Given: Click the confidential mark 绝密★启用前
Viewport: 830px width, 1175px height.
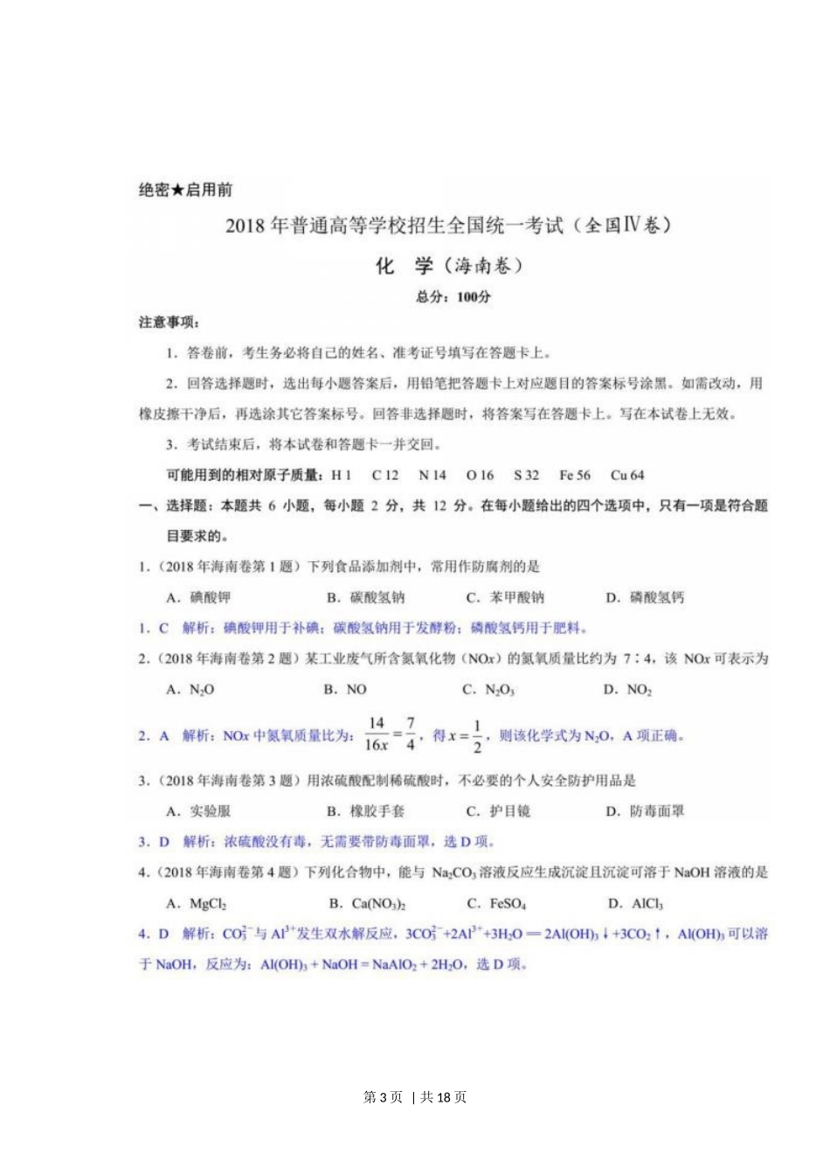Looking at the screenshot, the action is [185, 190].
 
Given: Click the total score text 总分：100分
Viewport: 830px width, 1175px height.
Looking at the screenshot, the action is [453, 297].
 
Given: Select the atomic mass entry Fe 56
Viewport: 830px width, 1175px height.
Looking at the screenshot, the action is [574, 476].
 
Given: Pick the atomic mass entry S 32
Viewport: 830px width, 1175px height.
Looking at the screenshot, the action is [526, 476].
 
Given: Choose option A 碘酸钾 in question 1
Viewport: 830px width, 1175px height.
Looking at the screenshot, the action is [198, 598].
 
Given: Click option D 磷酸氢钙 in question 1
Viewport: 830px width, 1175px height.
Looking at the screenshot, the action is [645, 598].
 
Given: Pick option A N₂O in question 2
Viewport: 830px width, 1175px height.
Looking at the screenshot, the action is [190, 690].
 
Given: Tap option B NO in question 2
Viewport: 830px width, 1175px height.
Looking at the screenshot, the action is [345, 690].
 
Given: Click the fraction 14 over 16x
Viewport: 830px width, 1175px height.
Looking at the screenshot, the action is [376, 734].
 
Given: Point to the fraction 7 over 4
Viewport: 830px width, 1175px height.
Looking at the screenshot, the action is [410, 734].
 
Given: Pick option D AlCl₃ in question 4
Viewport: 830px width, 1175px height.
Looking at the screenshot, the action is [635, 904].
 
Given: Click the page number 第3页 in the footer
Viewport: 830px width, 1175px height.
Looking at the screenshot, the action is [383, 1097].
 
